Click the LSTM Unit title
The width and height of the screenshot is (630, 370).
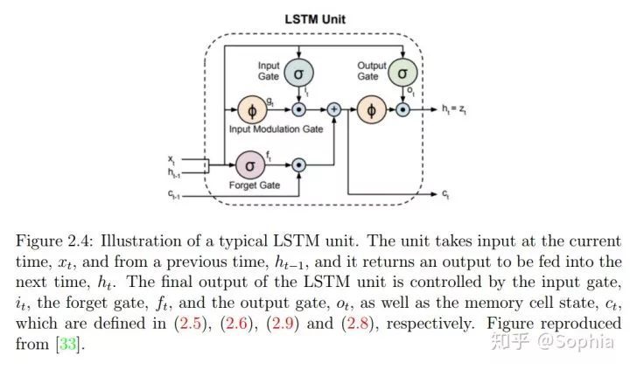tap(315, 19)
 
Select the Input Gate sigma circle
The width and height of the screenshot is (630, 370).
tap(298, 73)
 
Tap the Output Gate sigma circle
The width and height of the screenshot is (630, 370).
tap(402, 73)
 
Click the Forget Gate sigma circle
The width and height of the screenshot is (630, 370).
tap(250, 165)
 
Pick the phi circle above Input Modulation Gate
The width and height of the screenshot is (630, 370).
tap(252, 110)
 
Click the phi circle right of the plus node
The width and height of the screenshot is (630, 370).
tap(372, 109)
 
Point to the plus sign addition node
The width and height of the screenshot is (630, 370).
tap(334, 109)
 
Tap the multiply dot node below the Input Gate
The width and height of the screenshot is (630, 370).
tap(298, 109)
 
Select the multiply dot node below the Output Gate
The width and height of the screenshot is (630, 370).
tap(402, 109)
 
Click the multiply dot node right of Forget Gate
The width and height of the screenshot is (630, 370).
tap(298, 165)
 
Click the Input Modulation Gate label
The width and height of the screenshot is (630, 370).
tap(276, 129)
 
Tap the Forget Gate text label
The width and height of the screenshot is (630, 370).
tap(255, 185)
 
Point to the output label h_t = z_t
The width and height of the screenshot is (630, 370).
tap(454, 108)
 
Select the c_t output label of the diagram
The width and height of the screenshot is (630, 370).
tap(445, 194)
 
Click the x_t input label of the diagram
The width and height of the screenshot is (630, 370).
tap(171, 160)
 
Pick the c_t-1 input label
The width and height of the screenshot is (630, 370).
tap(173, 194)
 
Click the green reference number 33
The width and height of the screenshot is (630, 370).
tap(68, 344)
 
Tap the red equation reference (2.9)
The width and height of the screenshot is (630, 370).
tap(283, 324)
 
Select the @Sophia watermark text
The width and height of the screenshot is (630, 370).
tap(576, 342)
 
